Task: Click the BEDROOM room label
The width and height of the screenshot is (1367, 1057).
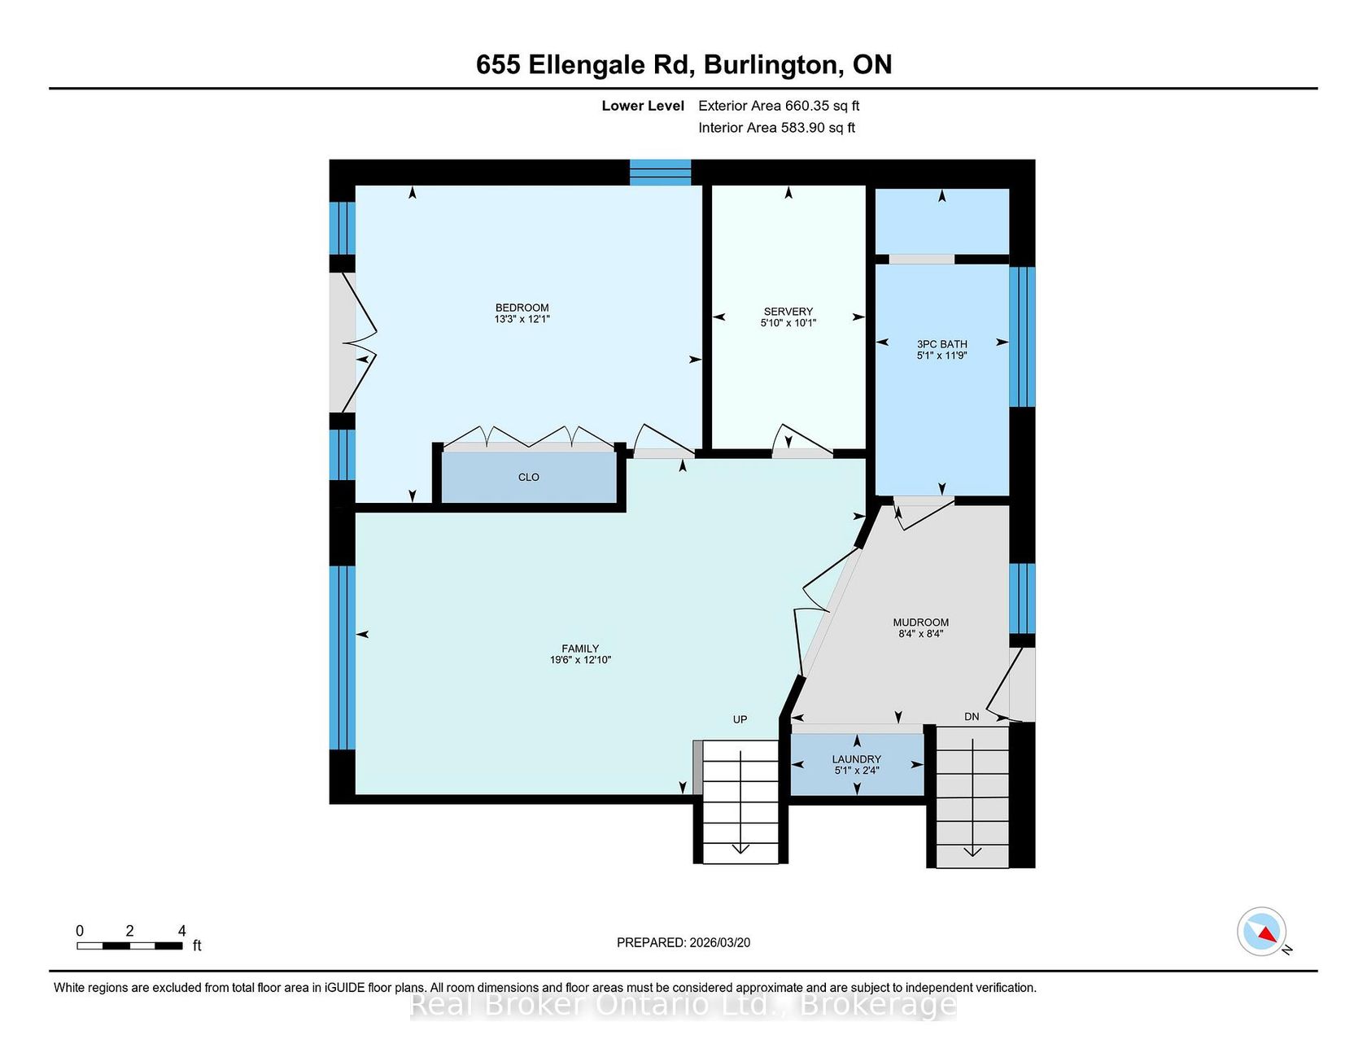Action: (x=522, y=308)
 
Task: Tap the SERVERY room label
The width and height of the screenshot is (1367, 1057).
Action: (x=788, y=312)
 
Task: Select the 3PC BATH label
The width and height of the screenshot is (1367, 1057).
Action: (x=942, y=344)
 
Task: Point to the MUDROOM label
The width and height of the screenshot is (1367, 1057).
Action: (x=921, y=622)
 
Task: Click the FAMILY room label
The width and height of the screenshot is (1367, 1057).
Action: (x=580, y=649)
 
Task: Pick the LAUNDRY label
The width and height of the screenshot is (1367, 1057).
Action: (x=857, y=759)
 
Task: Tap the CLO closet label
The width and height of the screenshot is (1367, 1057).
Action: (x=529, y=478)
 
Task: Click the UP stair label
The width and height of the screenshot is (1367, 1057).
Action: (x=740, y=719)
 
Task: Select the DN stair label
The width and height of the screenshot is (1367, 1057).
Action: (x=972, y=717)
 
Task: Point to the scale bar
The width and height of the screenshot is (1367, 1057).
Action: (x=130, y=946)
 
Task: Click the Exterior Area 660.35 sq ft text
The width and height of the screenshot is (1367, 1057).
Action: (x=779, y=106)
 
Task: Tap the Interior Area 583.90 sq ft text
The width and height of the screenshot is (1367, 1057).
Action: (x=777, y=128)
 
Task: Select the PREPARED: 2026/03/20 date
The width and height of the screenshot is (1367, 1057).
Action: (x=683, y=942)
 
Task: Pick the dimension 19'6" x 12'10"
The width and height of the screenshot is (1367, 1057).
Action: (x=580, y=660)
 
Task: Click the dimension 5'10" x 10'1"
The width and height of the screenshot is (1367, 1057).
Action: (x=788, y=323)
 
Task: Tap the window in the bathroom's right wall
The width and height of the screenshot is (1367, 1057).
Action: (x=1022, y=337)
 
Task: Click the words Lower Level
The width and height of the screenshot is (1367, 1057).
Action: (x=643, y=106)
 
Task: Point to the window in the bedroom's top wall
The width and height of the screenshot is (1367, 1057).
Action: (x=661, y=173)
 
